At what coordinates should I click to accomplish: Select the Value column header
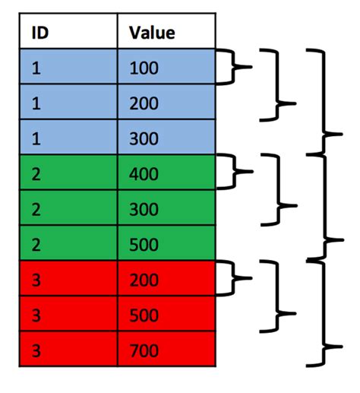152,33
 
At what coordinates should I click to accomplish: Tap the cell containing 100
144,68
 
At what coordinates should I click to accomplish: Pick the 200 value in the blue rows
144,103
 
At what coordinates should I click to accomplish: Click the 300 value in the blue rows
144,138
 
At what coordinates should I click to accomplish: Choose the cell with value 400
144,174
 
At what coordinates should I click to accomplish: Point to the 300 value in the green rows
144,209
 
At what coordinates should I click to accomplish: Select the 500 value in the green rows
144,244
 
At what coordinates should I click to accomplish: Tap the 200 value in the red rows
144,279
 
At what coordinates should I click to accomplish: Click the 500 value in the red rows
144,314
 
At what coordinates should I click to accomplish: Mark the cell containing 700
144,350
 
